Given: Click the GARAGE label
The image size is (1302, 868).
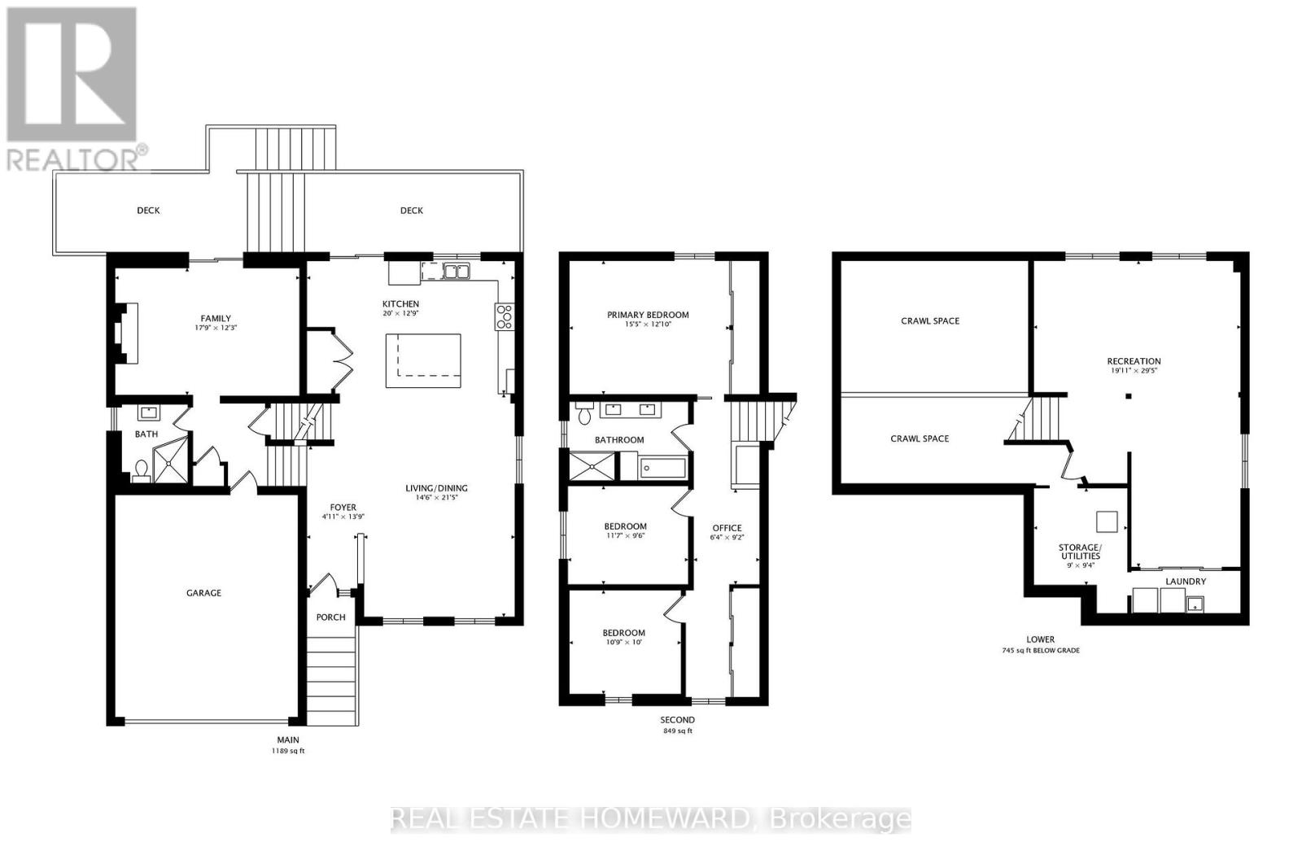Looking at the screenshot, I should point(203,593).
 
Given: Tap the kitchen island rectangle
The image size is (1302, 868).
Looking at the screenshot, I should point(423,360).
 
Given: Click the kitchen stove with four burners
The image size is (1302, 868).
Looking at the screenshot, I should point(504,316).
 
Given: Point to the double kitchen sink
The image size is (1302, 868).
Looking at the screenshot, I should point(456,272).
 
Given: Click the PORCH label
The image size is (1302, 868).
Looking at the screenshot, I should point(330,617).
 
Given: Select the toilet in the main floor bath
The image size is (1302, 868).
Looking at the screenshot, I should point(141,470).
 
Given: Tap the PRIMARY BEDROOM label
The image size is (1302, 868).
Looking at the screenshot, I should point(648,315).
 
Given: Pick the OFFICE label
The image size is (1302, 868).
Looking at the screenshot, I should point(727,528).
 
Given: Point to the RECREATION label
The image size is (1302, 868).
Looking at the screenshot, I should point(1134,361).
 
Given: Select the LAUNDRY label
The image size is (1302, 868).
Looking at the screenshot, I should point(1186,582).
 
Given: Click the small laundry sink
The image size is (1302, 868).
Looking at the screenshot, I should point(1195,603).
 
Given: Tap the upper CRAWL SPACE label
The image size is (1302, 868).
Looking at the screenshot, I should point(930,321).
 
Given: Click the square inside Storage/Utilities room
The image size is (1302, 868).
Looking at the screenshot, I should point(1107,521).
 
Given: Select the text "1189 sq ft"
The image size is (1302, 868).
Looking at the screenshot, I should point(288,751).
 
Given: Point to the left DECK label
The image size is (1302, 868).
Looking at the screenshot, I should point(148,211).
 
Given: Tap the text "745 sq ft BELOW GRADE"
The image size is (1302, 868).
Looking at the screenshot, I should point(1041,651).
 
